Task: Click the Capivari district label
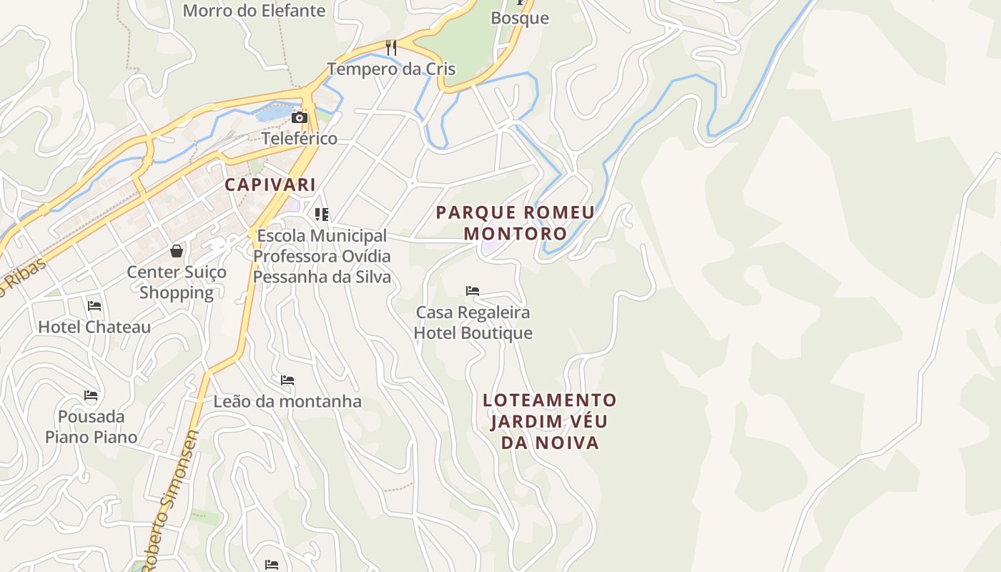(270, 184)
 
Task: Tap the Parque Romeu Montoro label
(515, 223)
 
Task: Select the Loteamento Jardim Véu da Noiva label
(549, 421)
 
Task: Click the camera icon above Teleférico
(299, 118)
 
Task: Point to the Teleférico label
(300, 138)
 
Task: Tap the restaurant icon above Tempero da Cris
(390, 48)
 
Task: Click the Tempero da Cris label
(391, 69)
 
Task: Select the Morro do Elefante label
(254, 11)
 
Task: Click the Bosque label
(520, 18)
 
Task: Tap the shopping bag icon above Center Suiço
(177, 250)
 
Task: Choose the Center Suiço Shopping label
(177, 282)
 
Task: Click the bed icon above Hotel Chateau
(94, 306)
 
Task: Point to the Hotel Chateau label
(94, 327)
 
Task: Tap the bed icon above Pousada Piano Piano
(91, 395)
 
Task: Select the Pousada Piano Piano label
(92, 427)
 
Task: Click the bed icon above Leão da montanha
(287, 380)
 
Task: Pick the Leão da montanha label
(287, 401)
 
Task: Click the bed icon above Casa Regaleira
(473, 291)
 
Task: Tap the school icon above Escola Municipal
(322, 214)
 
